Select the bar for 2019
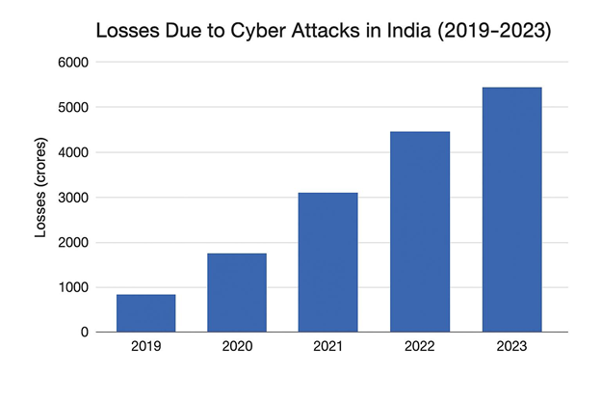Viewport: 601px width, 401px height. tap(145, 313)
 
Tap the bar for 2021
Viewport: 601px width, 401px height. tap(327, 262)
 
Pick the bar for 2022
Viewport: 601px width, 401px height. tap(419, 231)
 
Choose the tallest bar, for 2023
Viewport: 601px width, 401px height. tap(510, 209)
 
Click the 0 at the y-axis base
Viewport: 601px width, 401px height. tap(85, 333)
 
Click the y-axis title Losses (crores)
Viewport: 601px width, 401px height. tap(40, 197)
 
